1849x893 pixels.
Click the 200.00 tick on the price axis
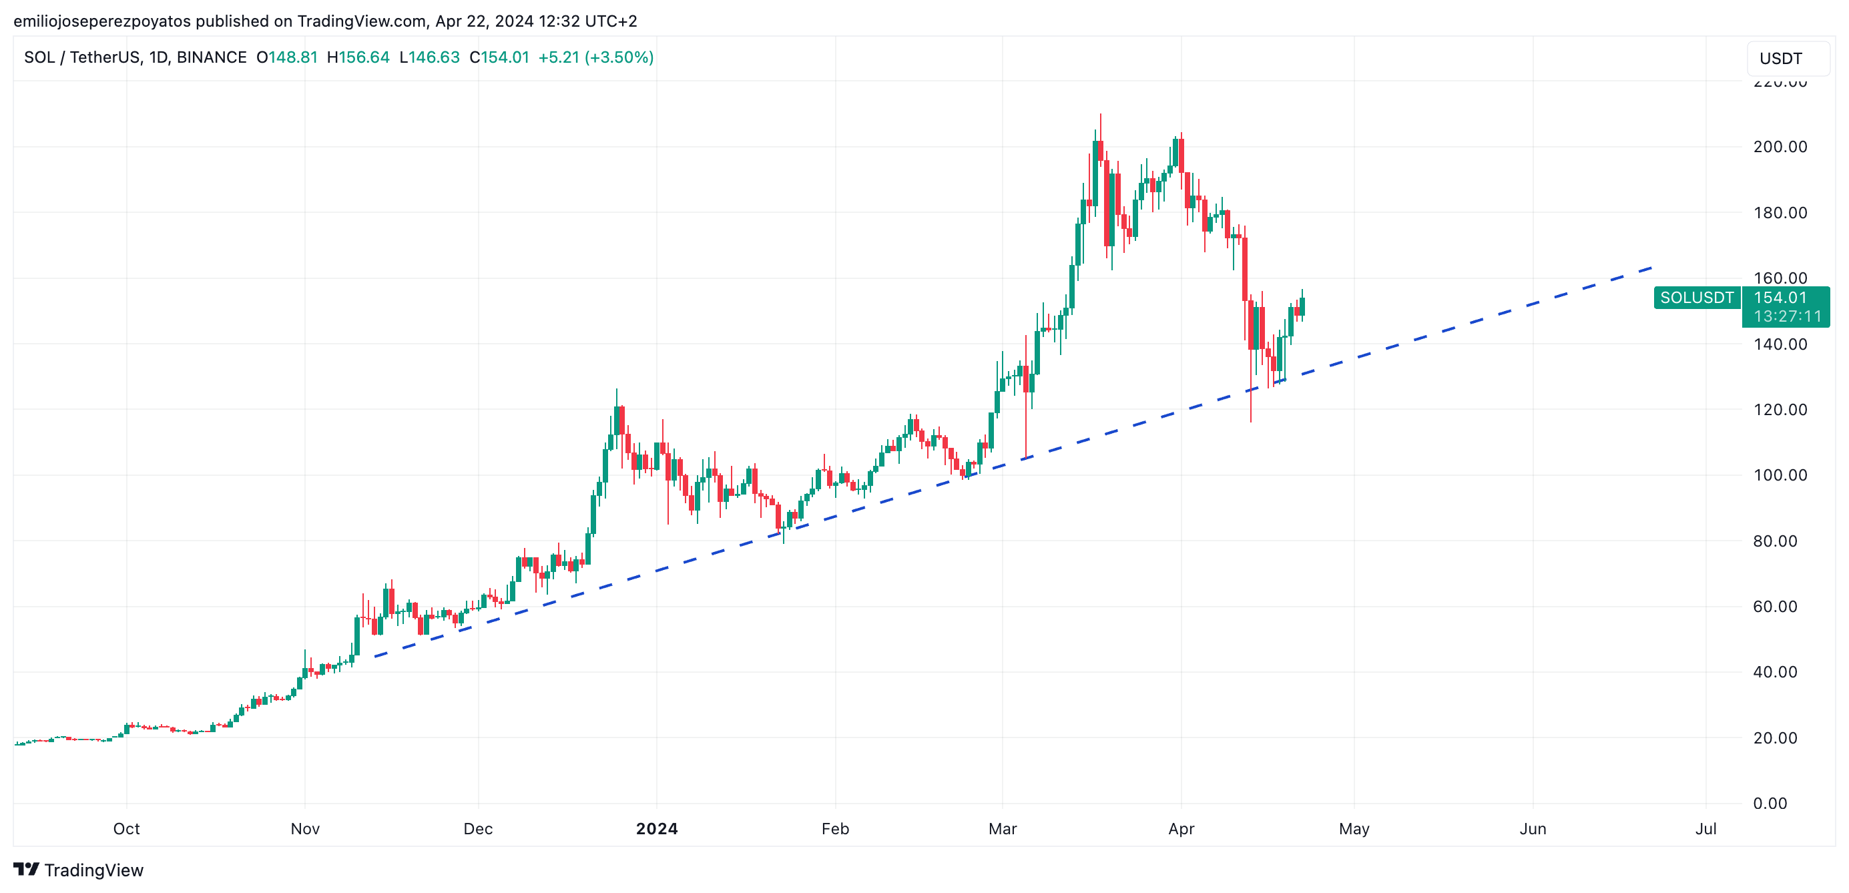(1780, 147)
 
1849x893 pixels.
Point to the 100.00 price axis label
(1780, 475)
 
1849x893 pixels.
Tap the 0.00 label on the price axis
(1770, 804)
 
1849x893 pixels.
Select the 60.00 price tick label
(1774, 607)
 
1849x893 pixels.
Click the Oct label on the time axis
(126, 829)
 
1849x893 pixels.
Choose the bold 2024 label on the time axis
(656, 829)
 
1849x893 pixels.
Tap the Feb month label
(835, 829)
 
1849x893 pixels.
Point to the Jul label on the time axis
(1705, 829)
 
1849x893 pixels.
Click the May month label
(1354, 829)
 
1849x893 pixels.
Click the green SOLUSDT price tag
(1696, 298)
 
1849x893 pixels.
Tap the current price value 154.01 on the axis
(1780, 298)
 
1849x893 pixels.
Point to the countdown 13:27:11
(1786, 316)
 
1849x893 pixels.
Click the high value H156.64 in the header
(358, 57)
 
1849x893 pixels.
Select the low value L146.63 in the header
(429, 57)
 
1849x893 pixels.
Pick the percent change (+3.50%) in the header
(619, 57)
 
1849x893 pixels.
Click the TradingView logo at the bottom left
(78, 870)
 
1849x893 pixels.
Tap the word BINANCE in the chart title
(211, 57)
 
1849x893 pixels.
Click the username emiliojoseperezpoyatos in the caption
(102, 21)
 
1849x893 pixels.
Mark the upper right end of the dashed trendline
(1651, 268)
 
